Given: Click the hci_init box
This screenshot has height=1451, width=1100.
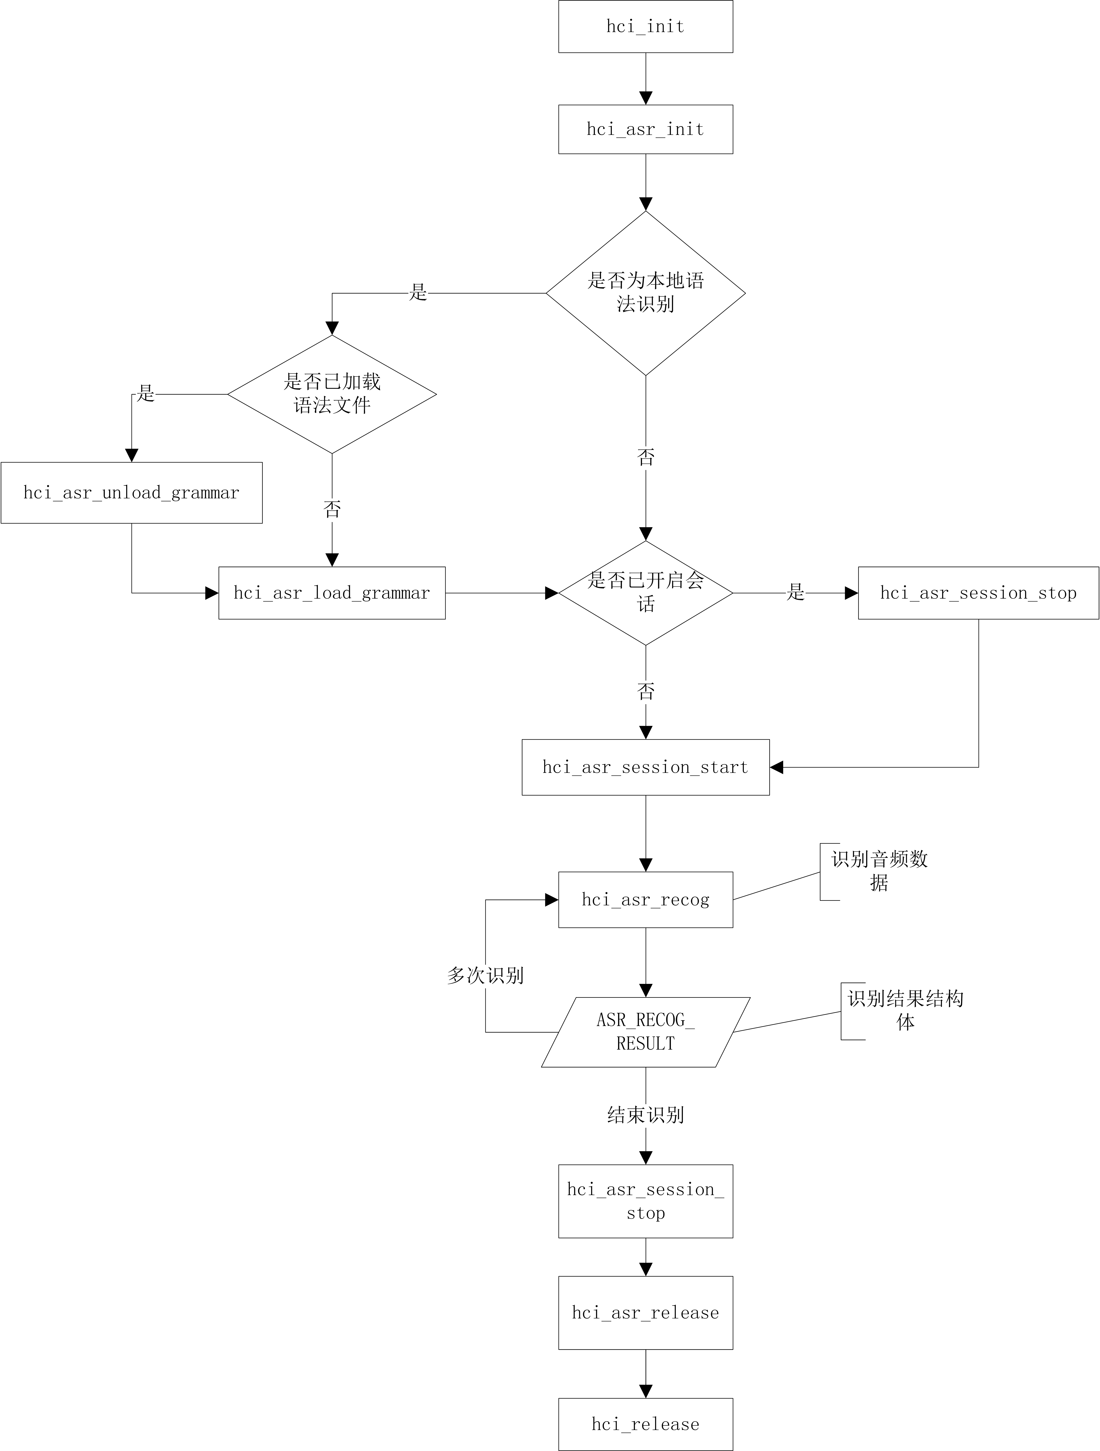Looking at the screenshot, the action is pos(646,26).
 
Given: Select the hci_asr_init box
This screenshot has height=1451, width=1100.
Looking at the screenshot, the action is pos(646,129).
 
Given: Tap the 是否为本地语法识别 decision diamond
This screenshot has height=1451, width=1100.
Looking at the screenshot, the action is pos(646,293).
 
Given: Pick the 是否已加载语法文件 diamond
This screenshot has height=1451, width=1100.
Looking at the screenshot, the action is pos(332,394).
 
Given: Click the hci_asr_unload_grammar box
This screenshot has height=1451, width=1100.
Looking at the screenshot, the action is pos(132,493).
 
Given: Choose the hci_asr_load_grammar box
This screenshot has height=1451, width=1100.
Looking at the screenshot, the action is pos(332,593).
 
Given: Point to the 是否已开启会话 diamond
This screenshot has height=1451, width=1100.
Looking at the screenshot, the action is pos(646,593).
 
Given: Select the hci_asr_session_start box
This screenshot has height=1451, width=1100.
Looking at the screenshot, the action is pos(646,767).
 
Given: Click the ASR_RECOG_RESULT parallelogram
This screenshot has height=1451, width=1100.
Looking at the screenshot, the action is pos(646,1032).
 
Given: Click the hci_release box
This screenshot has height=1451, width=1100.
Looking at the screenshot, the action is pos(646,1424).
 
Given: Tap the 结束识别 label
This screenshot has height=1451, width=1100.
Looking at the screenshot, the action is pos(646,1114).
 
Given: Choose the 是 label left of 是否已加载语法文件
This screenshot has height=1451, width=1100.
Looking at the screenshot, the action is pos(146,394).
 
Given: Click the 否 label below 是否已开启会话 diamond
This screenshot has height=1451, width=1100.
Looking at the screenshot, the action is pos(646,691).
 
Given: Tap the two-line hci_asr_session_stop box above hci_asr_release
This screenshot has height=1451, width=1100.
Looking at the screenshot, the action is pos(646,1201).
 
